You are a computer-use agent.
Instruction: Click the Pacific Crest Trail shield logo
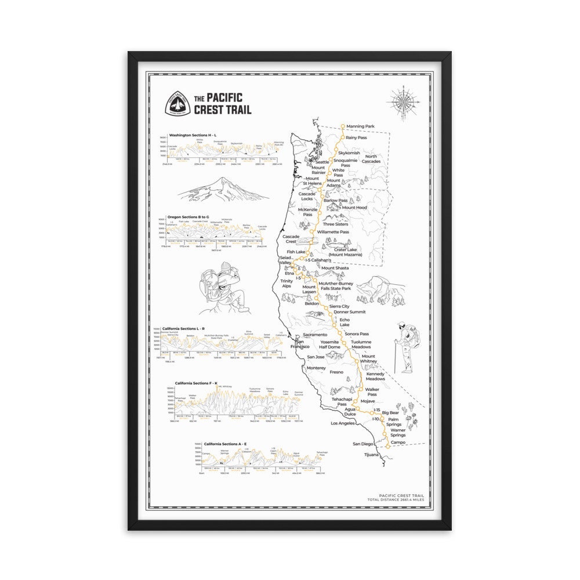tap(176, 103)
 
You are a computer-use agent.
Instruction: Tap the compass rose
tap(403, 101)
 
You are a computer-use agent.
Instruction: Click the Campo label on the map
tap(398, 443)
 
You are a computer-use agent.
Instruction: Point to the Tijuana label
tap(371, 455)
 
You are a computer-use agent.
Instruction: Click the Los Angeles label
tap(342, 423)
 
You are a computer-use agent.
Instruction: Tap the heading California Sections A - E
tap(228, 443)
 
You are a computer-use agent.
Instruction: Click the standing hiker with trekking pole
tap(405, 346)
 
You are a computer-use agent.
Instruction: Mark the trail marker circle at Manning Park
tap(343, 125)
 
